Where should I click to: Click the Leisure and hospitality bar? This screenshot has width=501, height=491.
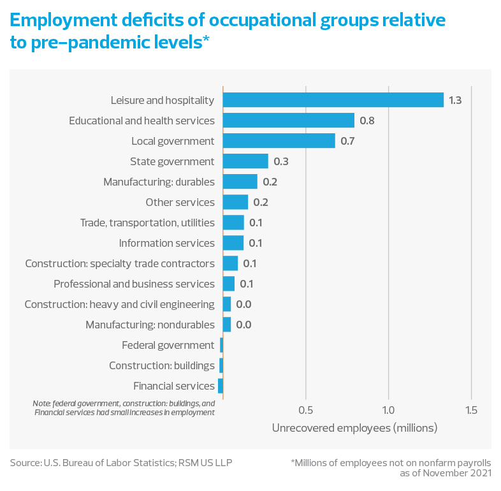tap(333, 100)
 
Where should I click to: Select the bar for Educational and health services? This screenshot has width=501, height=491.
tap(288, 121)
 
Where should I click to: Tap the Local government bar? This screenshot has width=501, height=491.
tap(279, 141)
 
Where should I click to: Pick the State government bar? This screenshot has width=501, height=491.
tap(245, 161)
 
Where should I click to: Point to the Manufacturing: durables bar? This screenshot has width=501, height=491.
tap(240, 182)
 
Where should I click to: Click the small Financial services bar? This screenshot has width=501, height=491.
tap(220, 386)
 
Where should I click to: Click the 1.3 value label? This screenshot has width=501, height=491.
tap(455, 100)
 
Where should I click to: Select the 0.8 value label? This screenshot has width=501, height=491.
tap(367, 121)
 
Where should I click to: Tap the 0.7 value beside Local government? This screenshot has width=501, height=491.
tap(347, 141)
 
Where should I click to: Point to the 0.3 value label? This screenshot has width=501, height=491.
tap(281, 161)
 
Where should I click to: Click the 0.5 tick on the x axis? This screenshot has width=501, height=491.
tap(306, 409)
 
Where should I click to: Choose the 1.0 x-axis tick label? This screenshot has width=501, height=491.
tap(388, 409)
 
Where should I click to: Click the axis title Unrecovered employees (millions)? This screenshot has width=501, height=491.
tap(354, 428)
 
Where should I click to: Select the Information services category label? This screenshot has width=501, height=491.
tap(167, 243)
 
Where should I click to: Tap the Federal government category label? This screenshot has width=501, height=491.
tap(168, 345)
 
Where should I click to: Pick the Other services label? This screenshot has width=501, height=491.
tap(180, 202)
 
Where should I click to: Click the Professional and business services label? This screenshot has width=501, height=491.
tap(134, 284)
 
